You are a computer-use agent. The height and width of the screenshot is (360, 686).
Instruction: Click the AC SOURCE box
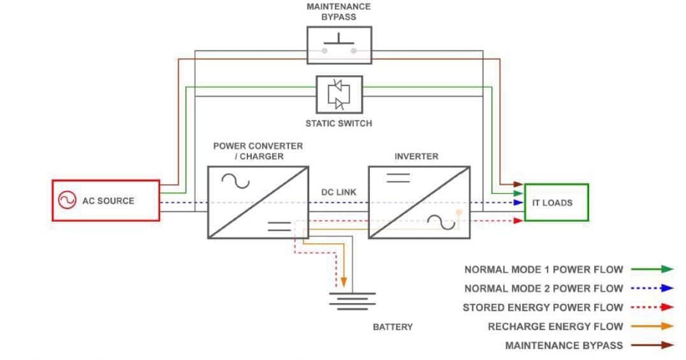tap(106, 201)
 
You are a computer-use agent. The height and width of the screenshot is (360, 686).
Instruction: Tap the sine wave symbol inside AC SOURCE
tap(67, 201)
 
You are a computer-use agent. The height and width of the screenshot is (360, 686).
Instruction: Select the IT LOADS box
tap(555, 203)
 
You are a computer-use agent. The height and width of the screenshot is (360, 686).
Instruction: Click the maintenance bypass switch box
tap(339, 45)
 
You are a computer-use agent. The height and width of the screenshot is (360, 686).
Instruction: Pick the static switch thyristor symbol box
tap(339, 95)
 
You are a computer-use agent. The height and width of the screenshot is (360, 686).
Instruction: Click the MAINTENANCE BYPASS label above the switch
tap(339, 11)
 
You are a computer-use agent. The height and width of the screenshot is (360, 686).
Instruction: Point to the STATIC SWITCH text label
tap(339, 123)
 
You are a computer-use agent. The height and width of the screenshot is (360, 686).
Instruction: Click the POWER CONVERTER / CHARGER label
tap(258, 151)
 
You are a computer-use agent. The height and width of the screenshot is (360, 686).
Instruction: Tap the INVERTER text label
tap(416, 156)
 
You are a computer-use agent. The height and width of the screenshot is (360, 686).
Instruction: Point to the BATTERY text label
tap(393, 327)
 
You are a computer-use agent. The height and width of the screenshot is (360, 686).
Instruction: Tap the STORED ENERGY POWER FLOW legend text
tap(543, 308)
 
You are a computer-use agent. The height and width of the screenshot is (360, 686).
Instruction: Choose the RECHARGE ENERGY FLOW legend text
tap(555, 327)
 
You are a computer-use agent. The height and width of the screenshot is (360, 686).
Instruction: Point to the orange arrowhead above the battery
tap(344, 282)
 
